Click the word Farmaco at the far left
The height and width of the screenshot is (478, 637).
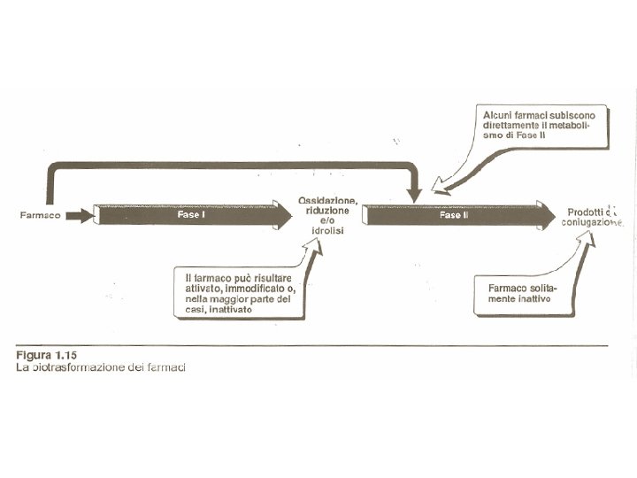[x=41, y=215]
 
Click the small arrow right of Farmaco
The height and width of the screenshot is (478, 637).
[x=79, y=215]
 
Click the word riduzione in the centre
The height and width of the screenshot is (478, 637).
[x=327, y=211]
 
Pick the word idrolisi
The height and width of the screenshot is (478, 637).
[x=327, y=231]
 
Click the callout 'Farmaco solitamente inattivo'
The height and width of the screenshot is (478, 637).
[x=523, y=294]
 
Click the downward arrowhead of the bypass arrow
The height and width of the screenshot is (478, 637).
[x=414, y=192]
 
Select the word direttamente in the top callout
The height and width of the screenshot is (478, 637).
[x=512, y=126]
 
